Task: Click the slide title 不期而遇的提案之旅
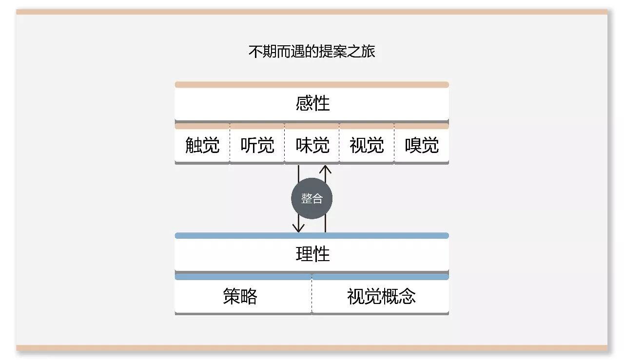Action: [x=312, y=51]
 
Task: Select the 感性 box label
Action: [x=312, y=103]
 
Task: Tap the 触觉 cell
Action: [x=202, y=145]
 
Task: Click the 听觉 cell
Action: [x=257, y=145]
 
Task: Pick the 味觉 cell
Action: [x=312, y=145]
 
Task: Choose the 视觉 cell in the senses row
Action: [x=367, y=145]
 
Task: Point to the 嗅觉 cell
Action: [x=422, y=145]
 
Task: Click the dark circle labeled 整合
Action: [x=312, y=199]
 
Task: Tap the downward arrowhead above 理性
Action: [x=298, y=227]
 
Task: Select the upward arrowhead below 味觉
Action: [x=325, y=170]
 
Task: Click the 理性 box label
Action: [x=312, y=254]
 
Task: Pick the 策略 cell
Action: [x=240, y=296]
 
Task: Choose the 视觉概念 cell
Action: [x=381, y=296]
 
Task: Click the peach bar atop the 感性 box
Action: [x=312, y=85]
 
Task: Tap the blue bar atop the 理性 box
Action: [x=312, y=236]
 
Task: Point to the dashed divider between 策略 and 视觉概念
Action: [x=312, y=296]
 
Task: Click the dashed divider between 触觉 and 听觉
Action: [x=230, y=145]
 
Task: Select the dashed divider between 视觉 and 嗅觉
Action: [x=394, y=145]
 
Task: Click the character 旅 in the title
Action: [x=369, y=51]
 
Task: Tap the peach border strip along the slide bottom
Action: [x=312, y=348]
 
